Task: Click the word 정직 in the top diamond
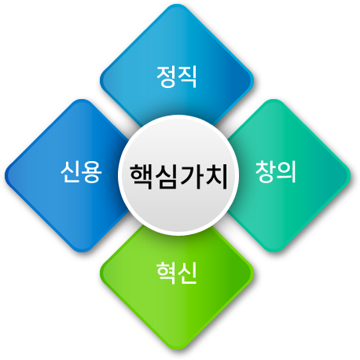click(x=177, y=76)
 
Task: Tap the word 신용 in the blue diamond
click(x=81, y=172)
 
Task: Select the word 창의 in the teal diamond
click(x=276, y=171)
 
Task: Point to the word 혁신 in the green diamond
click(x=177, y=273)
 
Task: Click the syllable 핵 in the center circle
click(x=141, y=176)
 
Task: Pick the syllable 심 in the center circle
click(x=167, y=176)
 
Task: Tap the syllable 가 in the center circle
click(x=191, y=176)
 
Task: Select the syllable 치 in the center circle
click(x=215, y=176)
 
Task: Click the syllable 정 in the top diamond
click(x=166, y=76)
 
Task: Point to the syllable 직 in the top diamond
click(x=187, y=76)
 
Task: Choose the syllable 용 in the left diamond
click(x=92, y=172)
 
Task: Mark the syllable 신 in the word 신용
click(x=71, y=172)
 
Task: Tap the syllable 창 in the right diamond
click(x=265, y=171)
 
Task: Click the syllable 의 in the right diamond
click(x=286, y=171)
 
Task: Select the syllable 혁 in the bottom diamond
click(x=166, y=273)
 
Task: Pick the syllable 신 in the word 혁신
click(x=187, y=273)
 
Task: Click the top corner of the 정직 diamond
click(x=177, y=4)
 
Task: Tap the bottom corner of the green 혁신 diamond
click(x=177, y=350)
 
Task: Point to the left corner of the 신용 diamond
click(x=5, y=175)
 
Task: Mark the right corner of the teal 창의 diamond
click(x=351, y=175)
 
